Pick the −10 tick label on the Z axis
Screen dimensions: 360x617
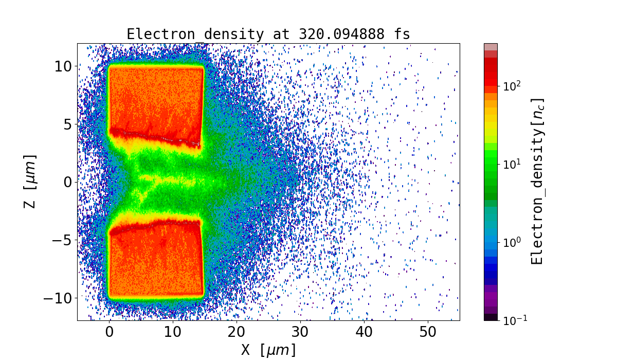pos(59,298)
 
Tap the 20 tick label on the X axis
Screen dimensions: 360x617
pos(237,331)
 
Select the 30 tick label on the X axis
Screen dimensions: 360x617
pos(300,331)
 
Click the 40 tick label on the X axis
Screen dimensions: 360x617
pos(364,331)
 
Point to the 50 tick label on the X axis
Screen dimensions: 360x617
pos(428,331)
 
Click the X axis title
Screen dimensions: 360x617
pos(268,350)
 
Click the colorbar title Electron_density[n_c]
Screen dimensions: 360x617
pos(538,181)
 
